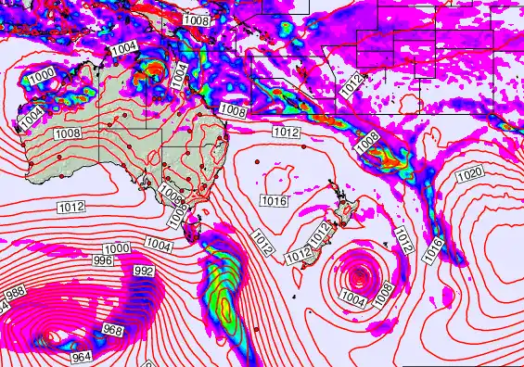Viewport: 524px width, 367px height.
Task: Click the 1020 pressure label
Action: [470, 174]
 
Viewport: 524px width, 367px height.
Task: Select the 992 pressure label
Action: [144, 271]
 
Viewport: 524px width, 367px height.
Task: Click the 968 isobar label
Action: [112, 331]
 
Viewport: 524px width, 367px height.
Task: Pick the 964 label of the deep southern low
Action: [83, 356]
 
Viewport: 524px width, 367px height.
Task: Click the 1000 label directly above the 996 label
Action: [117, 248]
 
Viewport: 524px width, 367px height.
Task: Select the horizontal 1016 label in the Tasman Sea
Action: [273, 201]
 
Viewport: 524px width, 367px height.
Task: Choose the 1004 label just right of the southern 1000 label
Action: [159, 244]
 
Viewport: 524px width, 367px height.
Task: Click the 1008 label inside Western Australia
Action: [66, 133]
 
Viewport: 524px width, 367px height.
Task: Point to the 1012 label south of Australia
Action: [71, 206]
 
